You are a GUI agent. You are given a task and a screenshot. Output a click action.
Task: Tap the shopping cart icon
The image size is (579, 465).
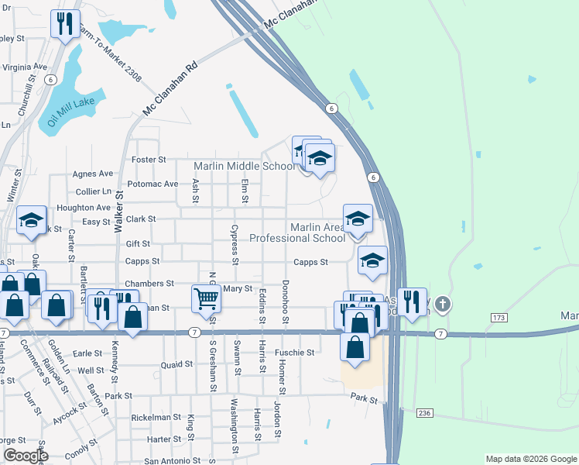[x=205, y=299]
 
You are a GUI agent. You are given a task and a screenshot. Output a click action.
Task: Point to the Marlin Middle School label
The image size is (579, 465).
[x=244, y=166]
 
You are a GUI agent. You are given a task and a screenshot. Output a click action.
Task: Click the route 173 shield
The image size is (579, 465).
[x=498, y=318]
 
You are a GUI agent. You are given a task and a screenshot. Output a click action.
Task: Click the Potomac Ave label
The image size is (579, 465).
[x=152, y=184]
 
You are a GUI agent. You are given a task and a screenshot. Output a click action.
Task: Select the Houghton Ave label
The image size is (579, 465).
[x=84, y=208]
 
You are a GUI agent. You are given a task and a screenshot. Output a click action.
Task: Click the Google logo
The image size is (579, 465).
[x=25, y=456]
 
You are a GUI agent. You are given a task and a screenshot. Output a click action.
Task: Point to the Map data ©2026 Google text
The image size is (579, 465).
[x=530, y=459]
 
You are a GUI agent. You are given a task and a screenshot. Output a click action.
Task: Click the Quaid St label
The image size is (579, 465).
[x=176, y=364]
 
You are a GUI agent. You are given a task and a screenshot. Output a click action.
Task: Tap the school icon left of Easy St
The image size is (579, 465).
[x=32, y=221]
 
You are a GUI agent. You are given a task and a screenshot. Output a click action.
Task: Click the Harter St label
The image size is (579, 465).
[x=163, y=439]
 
